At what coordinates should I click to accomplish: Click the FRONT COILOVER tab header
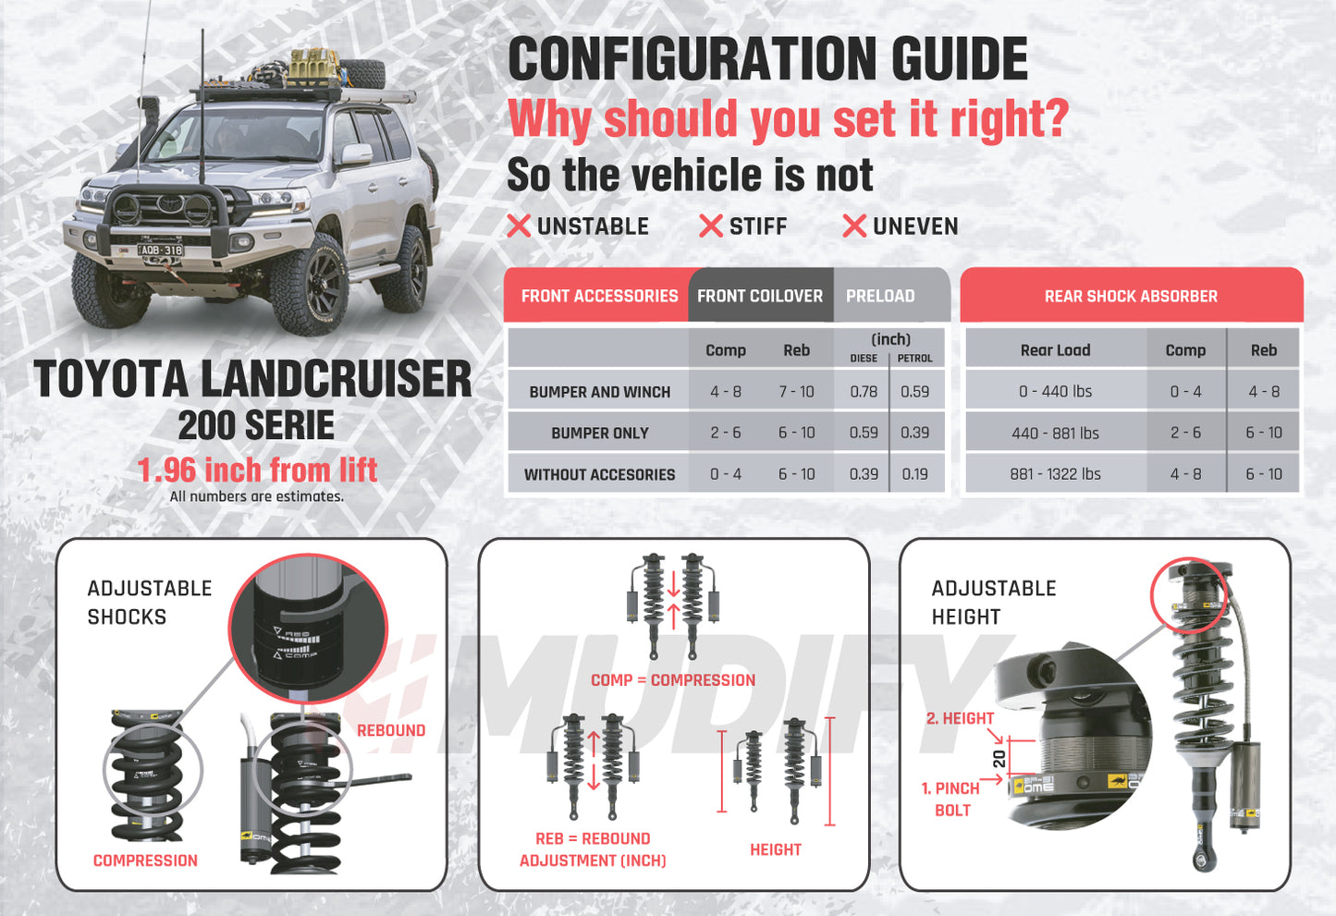(759, 296)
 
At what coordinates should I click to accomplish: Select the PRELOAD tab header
(879, 296)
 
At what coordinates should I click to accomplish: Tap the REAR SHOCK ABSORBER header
(1130, 296)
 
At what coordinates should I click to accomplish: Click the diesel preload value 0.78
(864, 392)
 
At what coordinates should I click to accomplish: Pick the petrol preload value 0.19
(914, 474)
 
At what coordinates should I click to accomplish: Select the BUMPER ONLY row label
(599, 434)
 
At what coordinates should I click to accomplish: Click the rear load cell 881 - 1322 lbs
(1055, 474)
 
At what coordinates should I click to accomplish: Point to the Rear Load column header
(1055, 350)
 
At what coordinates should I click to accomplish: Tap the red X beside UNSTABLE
(519, 226)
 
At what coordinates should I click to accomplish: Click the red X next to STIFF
(710, 226)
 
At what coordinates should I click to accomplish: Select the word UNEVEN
(914, 226)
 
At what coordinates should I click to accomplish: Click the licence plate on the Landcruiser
(161, 250)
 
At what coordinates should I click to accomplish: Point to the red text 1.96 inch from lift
(257, 470)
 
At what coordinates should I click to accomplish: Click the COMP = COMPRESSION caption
(672, 680)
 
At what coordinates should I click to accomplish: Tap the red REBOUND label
(390, 730)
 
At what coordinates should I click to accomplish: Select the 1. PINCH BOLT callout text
(950, 799)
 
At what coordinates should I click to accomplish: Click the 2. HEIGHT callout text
(960, 718)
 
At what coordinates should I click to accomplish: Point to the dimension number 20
(999, 759)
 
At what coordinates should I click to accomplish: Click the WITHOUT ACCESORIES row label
(599, 475)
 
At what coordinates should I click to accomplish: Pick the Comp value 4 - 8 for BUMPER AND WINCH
(725, 392)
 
